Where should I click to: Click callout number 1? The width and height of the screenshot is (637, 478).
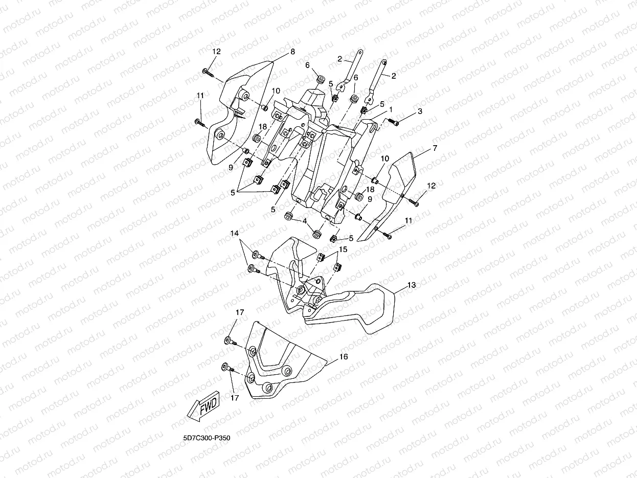(391, 109)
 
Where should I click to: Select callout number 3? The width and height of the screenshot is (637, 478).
(420, 111)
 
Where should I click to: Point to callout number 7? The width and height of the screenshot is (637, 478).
(435, 148)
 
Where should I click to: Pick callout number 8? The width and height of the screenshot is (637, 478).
(292, 52)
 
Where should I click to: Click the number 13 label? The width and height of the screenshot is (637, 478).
(412, 285)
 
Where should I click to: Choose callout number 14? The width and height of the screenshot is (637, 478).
(234, 234)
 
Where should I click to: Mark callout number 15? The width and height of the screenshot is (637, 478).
(343, 249)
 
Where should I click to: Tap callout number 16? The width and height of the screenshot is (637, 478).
(343, 357)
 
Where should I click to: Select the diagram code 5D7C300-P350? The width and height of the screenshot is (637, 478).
(204, 439)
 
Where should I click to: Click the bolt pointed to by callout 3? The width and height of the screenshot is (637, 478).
(394, 122)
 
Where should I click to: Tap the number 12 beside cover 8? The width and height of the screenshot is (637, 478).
(216, 51)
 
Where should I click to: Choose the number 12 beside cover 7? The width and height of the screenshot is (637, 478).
(431, 186)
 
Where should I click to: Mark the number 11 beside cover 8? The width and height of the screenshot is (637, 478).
(200, 95)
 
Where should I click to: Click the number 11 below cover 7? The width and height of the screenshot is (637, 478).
(408, 220)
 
